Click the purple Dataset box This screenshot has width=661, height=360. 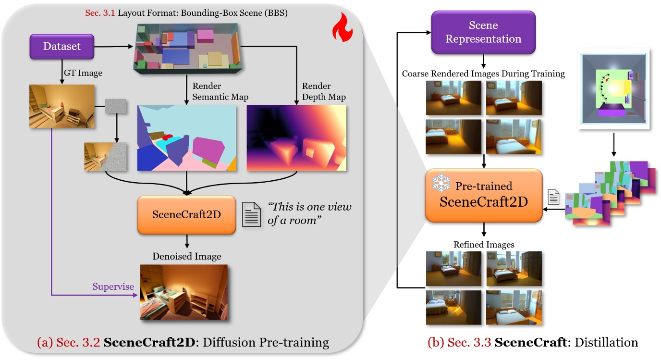[x=62, y=47]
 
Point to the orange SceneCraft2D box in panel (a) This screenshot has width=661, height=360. [x=186, y=214]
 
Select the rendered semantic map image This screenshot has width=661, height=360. [x=186, y=138]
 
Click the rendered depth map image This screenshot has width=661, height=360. [x=296, y=138]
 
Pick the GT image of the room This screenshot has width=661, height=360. [x=61, y=106]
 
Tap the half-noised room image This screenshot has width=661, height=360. [x=105, y=157]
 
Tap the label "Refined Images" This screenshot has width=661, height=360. [x=484, y=245]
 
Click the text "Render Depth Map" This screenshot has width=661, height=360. [x=323, y=91]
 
